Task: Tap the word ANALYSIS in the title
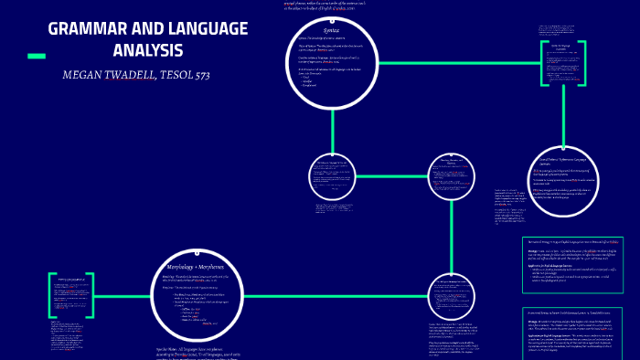point(148,50)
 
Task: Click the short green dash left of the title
point(37,57)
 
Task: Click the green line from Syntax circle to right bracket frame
point(457,63)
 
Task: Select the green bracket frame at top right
point(560,63)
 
